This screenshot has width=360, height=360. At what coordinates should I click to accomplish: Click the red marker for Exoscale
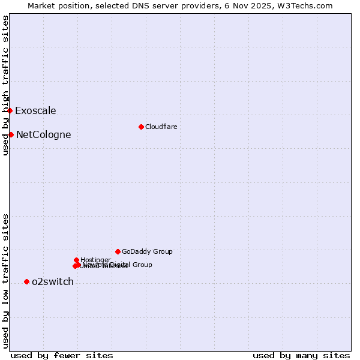10,110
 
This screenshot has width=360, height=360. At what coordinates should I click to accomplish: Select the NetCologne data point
11,134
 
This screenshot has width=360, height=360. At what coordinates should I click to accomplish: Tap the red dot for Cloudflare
141,127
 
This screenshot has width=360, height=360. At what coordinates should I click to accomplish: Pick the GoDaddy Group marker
118,251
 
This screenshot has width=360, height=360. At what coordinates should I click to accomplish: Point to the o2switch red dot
26,281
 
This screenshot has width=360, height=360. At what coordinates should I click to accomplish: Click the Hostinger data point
76,260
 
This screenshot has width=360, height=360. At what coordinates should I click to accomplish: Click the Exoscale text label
35,110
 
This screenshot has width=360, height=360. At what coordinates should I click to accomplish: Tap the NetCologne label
43,134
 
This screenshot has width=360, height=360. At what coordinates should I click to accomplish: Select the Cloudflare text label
161,127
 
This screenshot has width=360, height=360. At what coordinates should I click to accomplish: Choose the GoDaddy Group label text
147,251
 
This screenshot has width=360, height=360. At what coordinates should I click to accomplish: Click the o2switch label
53,281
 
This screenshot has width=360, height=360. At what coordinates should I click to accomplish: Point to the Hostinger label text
95,260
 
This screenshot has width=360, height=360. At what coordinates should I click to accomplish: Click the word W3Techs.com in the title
308,5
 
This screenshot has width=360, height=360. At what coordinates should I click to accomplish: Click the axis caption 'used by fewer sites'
62,355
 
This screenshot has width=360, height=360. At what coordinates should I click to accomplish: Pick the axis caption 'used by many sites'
301,355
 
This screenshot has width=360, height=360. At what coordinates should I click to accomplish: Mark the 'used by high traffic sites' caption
5,85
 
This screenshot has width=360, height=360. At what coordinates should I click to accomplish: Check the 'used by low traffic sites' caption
5,281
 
